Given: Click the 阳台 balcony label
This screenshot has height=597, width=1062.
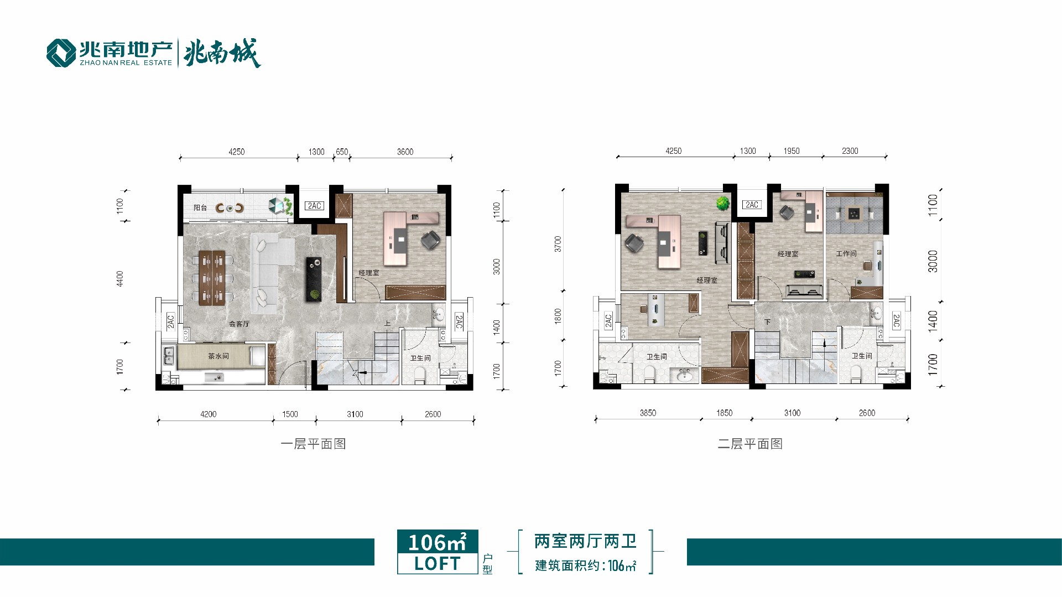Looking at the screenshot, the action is pyautogui.click(x=200, y=208).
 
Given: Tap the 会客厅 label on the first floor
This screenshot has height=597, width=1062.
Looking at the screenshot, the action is pyautogui.click(x=240, y=324).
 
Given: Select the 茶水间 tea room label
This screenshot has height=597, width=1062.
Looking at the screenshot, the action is pyautogui.click(x=218, y=356).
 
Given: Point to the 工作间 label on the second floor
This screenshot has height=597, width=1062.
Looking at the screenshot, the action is pyautogui.click(x=846, y=253).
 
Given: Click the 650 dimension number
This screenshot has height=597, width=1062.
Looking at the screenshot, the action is pyautogui.click(x=342, y=152).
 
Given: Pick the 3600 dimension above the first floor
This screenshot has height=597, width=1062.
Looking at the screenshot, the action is pyautogui.click(x=405, y=152).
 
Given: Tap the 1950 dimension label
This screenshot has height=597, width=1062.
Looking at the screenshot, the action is pyautogui.click(x=792, y=151).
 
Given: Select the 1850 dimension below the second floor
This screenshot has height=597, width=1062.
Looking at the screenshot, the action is pyautogui.click(x=724, y=413).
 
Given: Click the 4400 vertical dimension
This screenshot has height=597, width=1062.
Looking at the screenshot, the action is pyautogui.click(x=120, y=279).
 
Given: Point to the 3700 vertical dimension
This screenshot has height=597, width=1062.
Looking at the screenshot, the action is pyautogui.click(x=558, y=244).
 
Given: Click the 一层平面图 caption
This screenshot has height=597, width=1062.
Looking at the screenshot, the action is pyautogui.click(x=313, y=444).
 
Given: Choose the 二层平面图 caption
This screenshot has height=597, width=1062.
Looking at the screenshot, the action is pyautogui.click(x=750, y=444).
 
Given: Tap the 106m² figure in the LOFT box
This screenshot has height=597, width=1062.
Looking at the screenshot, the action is pyautogui.click(x=438, y=542).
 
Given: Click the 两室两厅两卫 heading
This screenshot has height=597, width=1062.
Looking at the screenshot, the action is pyautogui.click(x=585, y=541).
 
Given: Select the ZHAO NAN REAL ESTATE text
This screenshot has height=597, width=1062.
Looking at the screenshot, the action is pyautogui.click(x=126, y=63).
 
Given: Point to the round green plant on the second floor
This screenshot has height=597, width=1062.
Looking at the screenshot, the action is pyautogui.click(x=722, y=203).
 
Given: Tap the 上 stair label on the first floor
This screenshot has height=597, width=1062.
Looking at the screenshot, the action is pyautogui.click(x=388, y=324).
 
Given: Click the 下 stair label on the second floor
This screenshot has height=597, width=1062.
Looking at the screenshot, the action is pyautogui.click(x=767, y=321).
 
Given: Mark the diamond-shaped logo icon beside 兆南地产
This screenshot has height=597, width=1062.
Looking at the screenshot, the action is pyautogui.click(x=61, y=53).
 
